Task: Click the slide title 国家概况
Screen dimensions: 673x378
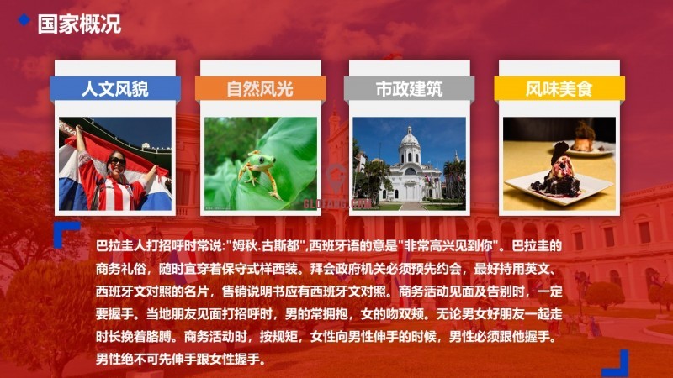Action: pyautogui.click(x=79, y=24)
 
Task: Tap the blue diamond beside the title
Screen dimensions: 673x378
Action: pyautogui.click(x=24, y=19)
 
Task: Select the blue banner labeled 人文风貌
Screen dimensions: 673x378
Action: pyautogui.click(x=115, y=89)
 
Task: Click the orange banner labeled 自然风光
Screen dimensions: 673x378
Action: pyautogui.click(x=260, y=89)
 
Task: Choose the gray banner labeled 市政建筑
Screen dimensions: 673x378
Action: pyautogui.click(x=409, y=89)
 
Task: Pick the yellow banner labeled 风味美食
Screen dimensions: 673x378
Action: pyautogui.click(x=559, y=89)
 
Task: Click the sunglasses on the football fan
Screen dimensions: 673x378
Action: pyautogui.click(x=117, y=161)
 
